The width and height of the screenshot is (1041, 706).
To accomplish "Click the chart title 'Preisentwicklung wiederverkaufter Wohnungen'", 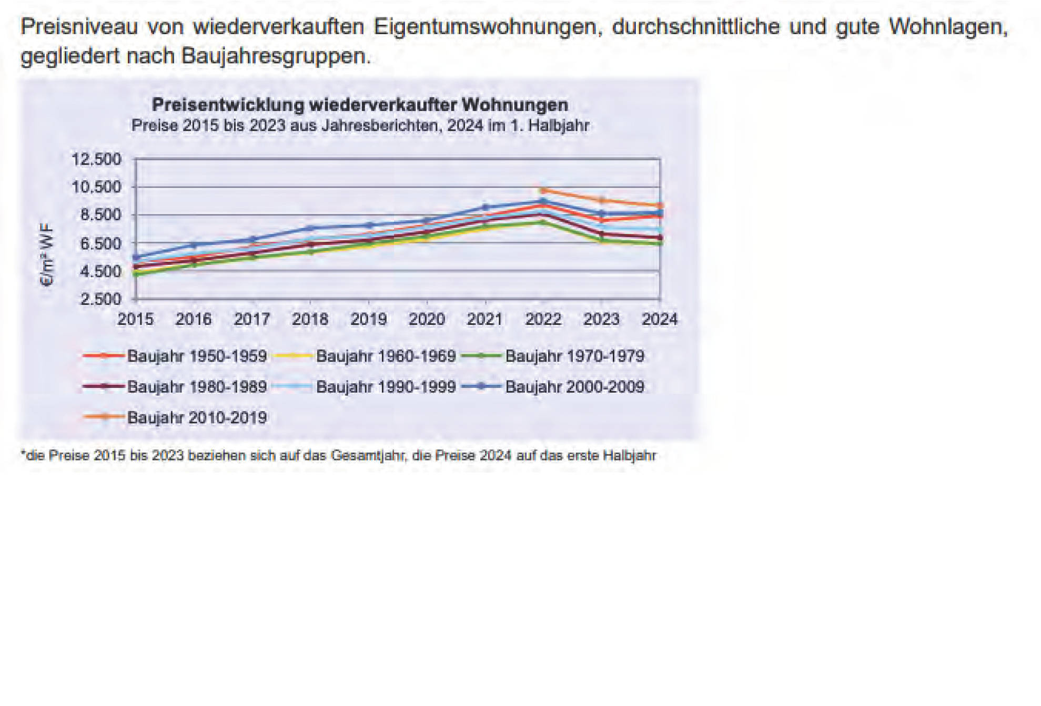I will tap(360, 105).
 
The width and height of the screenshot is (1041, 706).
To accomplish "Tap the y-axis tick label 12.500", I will tap(96, 159).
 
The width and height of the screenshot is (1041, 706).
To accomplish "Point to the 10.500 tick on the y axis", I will tap(96, 187).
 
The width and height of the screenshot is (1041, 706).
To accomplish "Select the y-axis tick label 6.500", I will tap(100, 243).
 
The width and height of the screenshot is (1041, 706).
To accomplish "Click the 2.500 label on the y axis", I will tap(100, 299).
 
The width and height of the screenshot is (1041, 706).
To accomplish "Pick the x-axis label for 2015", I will tap(135, 319).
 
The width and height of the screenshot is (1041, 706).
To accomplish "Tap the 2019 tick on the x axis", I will tap(368, 319).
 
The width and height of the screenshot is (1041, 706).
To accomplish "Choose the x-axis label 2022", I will tap(543, 319).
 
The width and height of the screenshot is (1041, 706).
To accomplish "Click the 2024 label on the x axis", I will tap(660, 319).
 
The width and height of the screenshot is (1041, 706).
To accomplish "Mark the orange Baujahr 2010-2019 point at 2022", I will tap(543, 190).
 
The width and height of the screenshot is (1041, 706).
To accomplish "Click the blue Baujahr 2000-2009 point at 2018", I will tap(310, 228).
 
